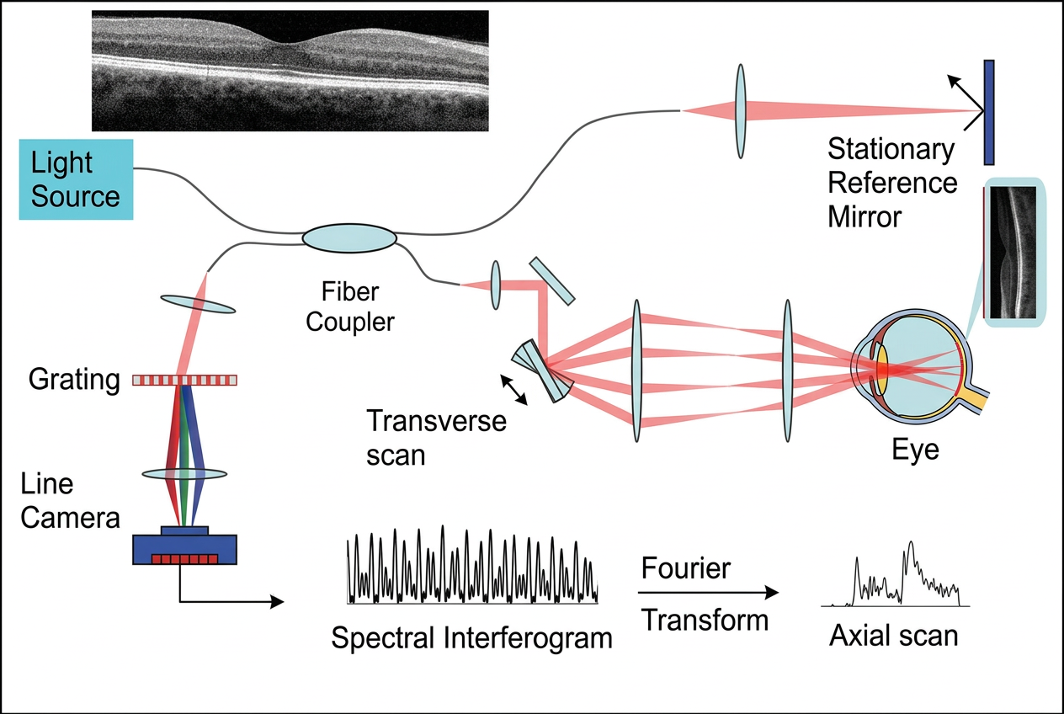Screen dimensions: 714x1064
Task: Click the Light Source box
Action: pos(76,179)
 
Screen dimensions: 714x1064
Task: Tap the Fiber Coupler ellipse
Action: pos(349,238)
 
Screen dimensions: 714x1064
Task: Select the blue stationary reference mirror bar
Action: pos(989,112)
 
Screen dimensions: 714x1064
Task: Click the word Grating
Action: pos(74,381)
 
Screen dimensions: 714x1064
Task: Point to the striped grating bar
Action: pos(185,380)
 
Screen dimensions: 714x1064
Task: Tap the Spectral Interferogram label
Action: pos(471,637)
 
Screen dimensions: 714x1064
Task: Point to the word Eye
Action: pos(915,450)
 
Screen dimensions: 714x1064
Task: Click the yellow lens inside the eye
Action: pos(883,370)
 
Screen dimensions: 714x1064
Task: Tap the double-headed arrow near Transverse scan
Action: pos(515,391)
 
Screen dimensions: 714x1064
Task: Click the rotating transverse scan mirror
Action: pos(545,370)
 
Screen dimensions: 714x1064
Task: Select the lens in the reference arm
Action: pos(740,110)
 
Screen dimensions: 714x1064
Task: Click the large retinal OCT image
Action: pos(290,71)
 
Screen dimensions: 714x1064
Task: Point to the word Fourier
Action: pos(685,568)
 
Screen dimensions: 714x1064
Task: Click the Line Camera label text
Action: pos(70,501)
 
